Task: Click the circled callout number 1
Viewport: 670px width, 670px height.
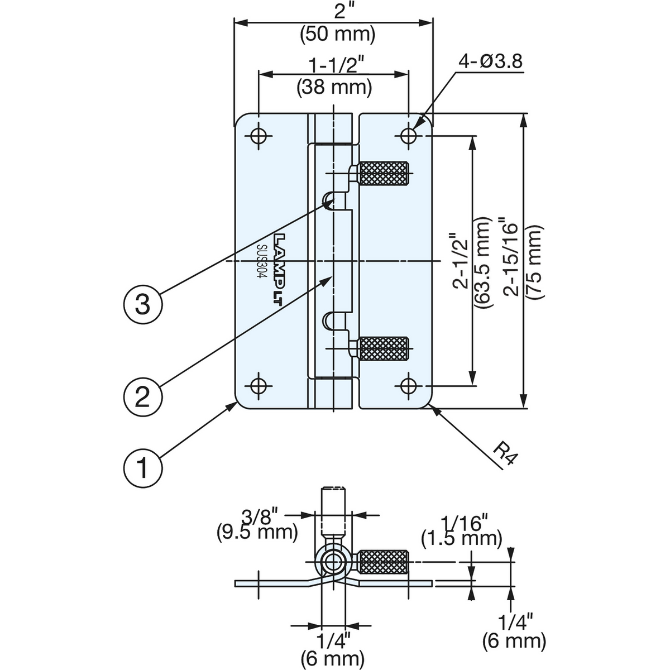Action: pos(143,468)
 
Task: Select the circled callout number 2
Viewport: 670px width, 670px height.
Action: pos(143,397)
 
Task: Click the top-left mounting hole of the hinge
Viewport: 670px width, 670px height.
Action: pos(258,136)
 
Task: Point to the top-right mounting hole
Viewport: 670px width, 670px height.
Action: pos(409,136)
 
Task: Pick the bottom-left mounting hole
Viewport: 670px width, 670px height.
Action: pos(258,385)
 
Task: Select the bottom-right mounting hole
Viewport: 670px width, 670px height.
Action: pos(409,385)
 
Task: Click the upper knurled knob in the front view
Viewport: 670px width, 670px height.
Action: pos(384,174)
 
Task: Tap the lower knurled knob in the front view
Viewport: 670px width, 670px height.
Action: pos(384,349)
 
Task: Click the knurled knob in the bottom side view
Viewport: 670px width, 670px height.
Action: pos(384,562)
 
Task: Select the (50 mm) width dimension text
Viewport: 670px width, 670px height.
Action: pos(338,35)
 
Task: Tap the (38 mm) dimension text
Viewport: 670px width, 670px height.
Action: pos(334,87)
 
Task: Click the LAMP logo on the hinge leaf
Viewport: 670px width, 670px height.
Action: pos(280,270)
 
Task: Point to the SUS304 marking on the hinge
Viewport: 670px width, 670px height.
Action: pos(261,261)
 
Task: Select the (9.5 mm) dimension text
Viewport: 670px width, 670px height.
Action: pos(257,532)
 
